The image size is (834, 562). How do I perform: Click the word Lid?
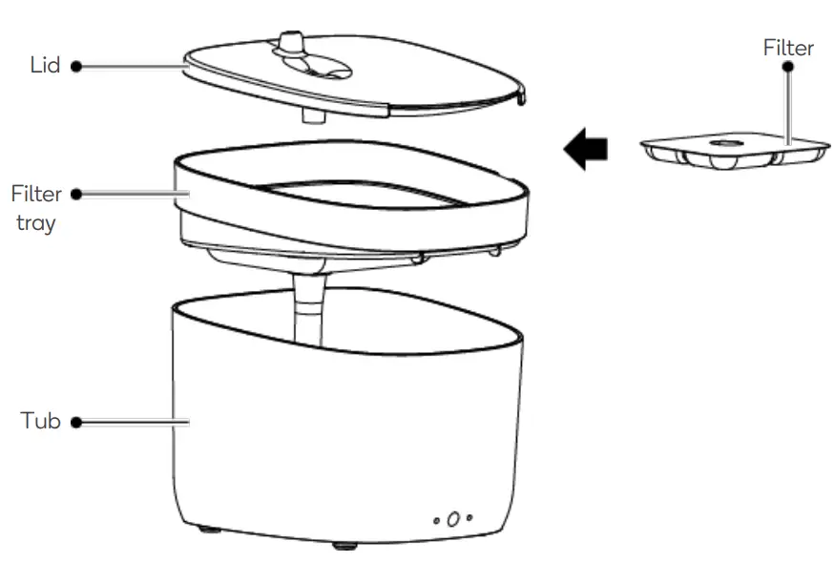click(45, 66)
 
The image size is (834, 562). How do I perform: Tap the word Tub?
click(41, 421)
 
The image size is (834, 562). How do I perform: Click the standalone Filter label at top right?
click(788, 48)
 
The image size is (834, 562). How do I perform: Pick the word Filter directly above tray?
click(36, 195)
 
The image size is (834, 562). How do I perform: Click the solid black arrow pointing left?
click(586, 150)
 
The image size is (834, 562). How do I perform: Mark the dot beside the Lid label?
click(75, 67)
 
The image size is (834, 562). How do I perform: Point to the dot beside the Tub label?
click(75, 421)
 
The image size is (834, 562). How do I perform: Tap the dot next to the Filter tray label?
click(75, 195)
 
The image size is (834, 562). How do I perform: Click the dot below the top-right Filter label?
click(788, 68)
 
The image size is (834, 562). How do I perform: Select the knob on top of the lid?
click(290, 42)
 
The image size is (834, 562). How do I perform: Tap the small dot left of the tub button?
click(437, 520)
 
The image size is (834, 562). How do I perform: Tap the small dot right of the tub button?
click(469, 518)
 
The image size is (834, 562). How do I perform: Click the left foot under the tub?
click(207, 528)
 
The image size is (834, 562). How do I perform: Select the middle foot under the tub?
click(344, 546)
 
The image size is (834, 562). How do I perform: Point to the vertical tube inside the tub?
click(308, 310)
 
